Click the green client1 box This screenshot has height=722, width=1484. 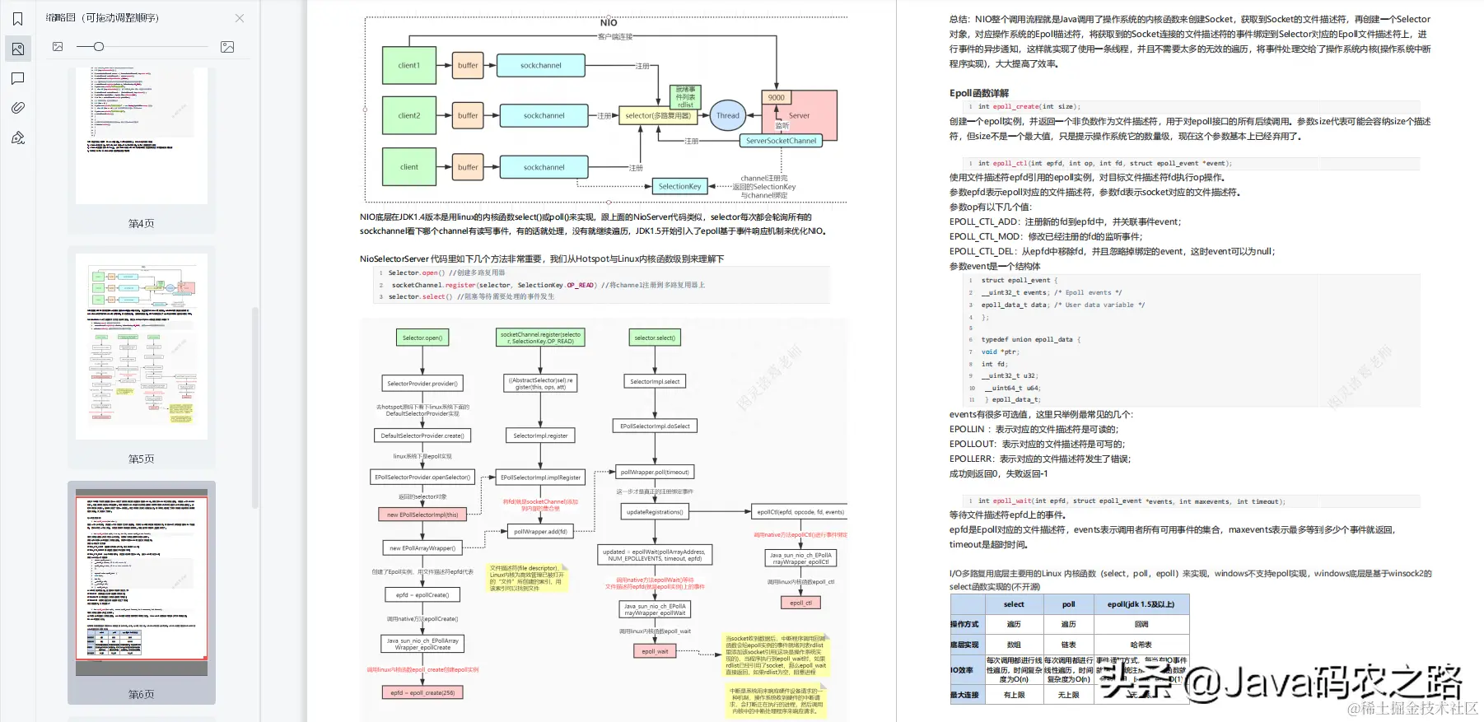408,66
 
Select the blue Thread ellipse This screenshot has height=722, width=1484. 727,115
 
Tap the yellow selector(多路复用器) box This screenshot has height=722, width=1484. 657,116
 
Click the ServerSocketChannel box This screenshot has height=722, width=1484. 781,141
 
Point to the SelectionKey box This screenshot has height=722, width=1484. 679,187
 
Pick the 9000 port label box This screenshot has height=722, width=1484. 776,97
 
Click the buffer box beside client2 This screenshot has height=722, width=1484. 468,116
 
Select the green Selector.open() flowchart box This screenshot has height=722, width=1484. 422,338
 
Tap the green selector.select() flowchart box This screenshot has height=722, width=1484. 655,338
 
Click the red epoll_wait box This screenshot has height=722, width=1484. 656,651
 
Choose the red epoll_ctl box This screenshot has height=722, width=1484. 800,603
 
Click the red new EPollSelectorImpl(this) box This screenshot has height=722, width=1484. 422,515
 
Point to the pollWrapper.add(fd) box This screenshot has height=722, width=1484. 540,532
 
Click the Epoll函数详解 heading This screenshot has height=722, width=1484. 978,93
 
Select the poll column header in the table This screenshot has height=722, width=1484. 1068,604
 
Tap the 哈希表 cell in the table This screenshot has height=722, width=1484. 1141,645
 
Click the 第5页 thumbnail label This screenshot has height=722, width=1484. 141,459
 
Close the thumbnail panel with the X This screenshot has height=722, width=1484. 239,18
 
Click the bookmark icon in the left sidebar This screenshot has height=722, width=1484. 18,19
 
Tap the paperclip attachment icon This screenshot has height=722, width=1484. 18,108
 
